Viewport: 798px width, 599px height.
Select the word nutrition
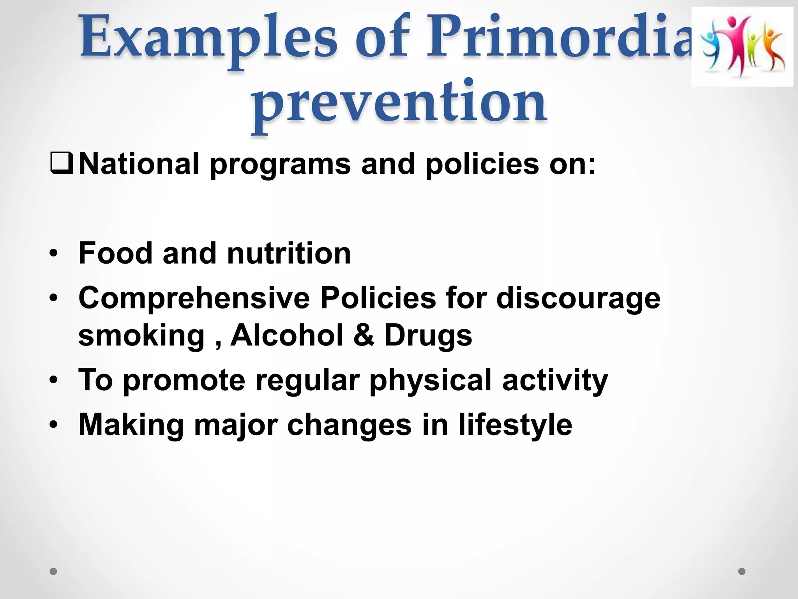click(289, 253)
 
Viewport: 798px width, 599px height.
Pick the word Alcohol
click(287, 335)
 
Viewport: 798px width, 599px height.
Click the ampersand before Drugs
click(364, 335)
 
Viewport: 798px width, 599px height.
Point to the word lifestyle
click(515, 425)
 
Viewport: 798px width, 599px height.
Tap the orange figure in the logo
click(773, 49)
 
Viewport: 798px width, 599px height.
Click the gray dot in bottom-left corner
click(53, 571)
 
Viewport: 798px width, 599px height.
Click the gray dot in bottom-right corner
click(742, 571)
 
